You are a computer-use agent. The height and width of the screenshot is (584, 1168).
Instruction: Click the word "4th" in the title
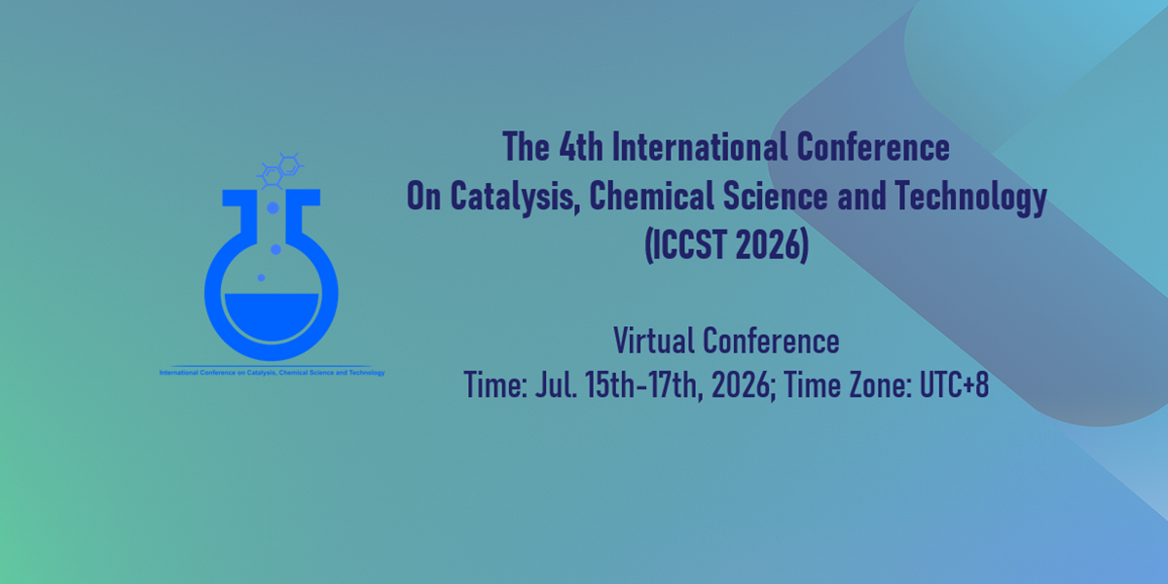click(x=581, y=147)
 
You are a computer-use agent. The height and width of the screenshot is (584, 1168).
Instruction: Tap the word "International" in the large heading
click(x=699, y=147)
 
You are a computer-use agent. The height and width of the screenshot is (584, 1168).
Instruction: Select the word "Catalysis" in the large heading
click(x=515, y=197)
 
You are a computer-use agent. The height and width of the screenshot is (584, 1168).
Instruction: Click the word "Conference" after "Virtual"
click(x=771, y=341)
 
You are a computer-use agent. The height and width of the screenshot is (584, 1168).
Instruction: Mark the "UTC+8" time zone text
click(x=954, y=384)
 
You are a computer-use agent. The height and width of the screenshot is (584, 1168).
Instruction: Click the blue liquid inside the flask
click(x=272, y=315)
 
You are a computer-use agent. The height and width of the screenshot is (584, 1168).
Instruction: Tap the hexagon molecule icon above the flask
click(x=280, y=170)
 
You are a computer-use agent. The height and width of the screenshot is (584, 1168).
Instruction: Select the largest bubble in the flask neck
click(x=273, y=208)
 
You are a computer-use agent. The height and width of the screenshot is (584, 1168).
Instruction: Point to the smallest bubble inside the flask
click(x=261, y=278)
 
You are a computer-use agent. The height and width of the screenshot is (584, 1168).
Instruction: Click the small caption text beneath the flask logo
click(x=273, y=372)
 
